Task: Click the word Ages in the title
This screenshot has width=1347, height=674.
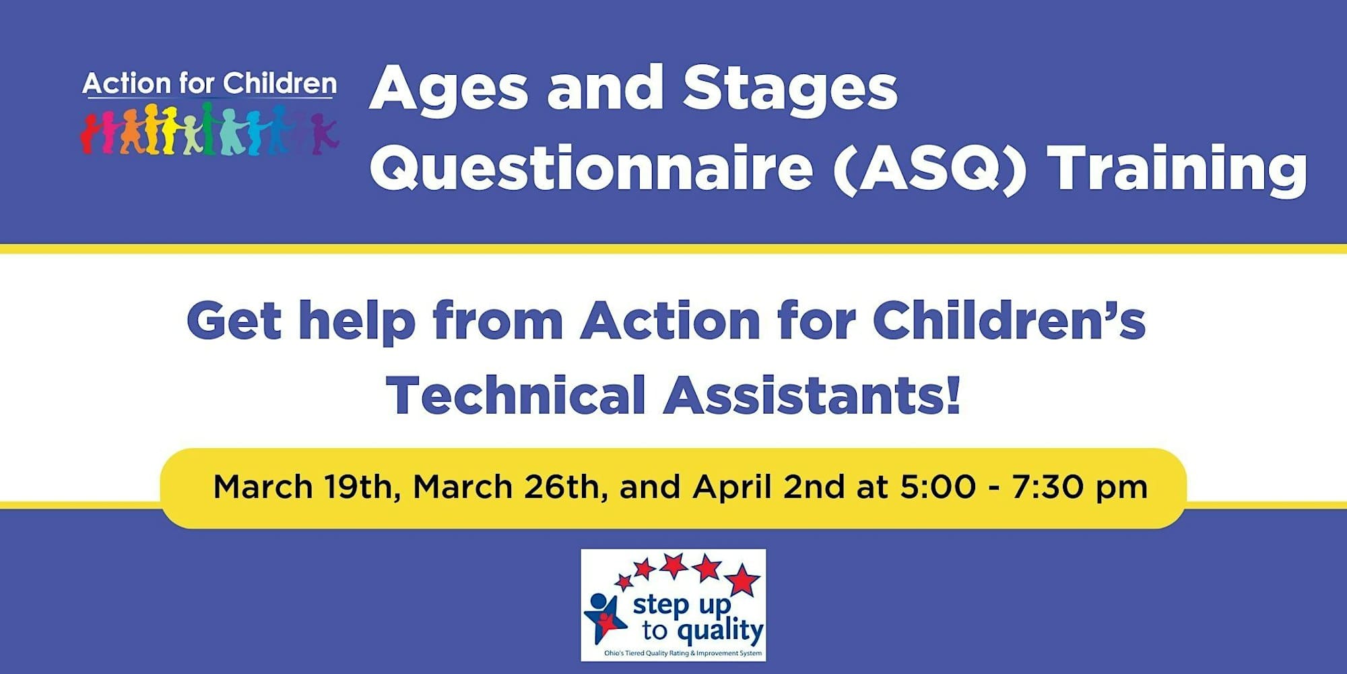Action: (449, 90)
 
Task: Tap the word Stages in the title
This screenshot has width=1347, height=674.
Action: (789, 90)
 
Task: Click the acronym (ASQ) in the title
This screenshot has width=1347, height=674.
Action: (929, 168)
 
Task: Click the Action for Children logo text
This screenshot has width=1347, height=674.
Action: (209, 84)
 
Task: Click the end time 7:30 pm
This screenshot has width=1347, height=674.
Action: (1080, 487)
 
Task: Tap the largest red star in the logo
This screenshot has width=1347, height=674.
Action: (742, 580)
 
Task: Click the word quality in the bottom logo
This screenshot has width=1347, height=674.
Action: (720, 632)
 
